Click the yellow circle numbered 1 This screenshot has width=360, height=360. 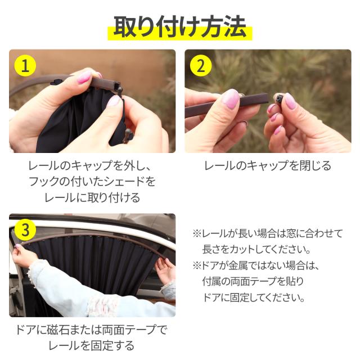coord(25,66)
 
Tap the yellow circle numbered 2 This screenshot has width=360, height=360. coord(201,66)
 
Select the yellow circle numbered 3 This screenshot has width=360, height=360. coord(25,230)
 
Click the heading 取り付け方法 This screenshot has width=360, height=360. coord(180,26)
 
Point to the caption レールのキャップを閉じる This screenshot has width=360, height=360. coord(268,165)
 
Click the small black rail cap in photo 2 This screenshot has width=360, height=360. coord(279,100)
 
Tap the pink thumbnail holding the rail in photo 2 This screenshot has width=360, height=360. coord(231,99)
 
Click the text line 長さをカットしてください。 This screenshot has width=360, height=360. coord(256,250)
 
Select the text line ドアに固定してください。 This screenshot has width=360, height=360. coord(254,298)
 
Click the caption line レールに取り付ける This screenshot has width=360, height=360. coord(92,197)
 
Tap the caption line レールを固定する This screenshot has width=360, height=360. coord(91,345)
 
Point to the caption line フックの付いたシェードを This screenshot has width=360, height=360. coord(92,182)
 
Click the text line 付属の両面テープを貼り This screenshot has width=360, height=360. coord(253,281)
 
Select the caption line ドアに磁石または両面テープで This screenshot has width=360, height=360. coord(91,330)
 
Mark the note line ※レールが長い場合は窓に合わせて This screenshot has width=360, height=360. coord(268,233)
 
